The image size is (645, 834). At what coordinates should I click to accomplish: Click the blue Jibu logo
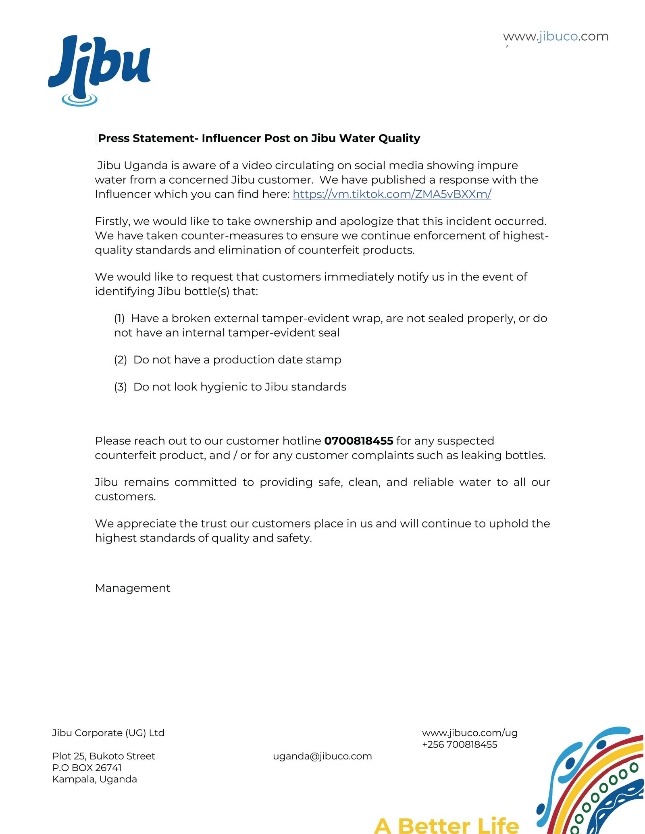(x=99, y=68)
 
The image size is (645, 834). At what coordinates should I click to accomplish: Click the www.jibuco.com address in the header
(x=556, y=36)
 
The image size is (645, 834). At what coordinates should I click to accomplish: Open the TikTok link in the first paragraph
(x=391, y=194)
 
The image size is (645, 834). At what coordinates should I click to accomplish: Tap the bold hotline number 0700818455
(x=358, y=441)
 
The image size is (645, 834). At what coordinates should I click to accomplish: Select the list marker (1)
(x=119, y=318)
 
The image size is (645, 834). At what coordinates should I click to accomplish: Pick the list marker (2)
(x=120, y=360)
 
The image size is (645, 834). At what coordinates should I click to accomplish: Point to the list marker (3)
(x=120, y=387)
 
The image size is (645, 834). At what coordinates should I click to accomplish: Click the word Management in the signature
(x=133, y=588)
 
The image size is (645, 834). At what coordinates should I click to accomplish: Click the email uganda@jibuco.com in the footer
(x=322, y=756)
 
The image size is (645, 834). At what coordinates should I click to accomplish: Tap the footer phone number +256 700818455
(x=459, y=745)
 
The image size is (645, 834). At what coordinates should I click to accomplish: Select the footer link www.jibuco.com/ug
(x=470, y=733)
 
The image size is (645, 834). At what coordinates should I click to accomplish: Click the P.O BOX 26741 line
(x=87, y=768)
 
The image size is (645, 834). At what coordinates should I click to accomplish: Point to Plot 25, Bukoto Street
(x=104, y=756)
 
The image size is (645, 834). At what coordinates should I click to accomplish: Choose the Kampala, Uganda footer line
(x=95, y=779)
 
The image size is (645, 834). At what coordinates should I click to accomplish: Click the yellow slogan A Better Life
(x=446, y=825)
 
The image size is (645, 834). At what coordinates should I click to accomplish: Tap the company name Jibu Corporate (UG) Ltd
(x=108, y=733)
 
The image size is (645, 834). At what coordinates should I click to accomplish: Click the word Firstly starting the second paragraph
(x=112, y=222)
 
